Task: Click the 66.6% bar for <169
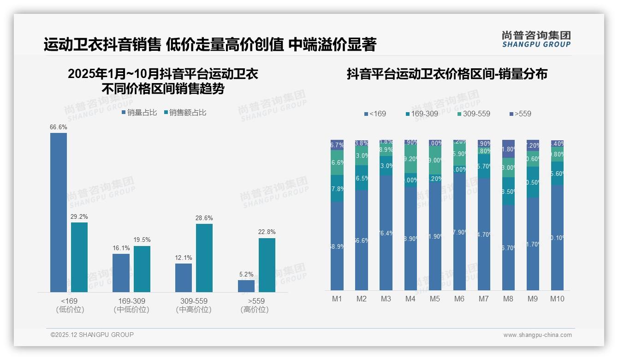59,212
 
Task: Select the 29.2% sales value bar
79,257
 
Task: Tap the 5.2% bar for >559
246,286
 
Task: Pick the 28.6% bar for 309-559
204,258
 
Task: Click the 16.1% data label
121,248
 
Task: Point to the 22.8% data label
267,232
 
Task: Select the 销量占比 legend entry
139,113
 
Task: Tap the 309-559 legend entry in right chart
474,114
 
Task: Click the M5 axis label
435,299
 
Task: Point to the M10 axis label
557,299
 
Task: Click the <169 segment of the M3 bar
386,233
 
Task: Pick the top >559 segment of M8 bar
508,149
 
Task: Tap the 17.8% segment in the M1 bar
337,188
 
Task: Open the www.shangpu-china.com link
537,335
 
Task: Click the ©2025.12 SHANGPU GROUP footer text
92,335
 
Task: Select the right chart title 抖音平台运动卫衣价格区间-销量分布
447,74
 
